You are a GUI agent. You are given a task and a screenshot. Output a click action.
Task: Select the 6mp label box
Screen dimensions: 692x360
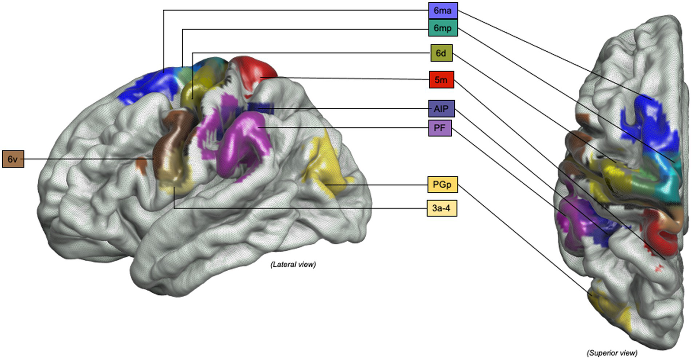point(443,28)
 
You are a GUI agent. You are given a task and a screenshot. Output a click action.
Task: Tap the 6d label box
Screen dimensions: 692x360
point(441,53)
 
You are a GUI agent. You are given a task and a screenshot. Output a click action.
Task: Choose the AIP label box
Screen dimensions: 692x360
point(441,109)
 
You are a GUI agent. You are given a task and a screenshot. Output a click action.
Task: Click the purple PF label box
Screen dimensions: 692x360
point(440,128)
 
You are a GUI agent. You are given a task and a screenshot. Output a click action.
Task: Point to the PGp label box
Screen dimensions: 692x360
point(442,185)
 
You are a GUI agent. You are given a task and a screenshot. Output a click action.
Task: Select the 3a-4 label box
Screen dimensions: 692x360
point(442,208)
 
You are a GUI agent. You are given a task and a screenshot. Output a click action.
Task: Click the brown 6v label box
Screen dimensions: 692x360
point(13,159)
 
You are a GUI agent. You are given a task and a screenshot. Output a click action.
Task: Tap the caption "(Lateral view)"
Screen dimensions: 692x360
point(293,265)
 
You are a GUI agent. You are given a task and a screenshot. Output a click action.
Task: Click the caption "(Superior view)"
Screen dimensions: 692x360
point(612,352)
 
